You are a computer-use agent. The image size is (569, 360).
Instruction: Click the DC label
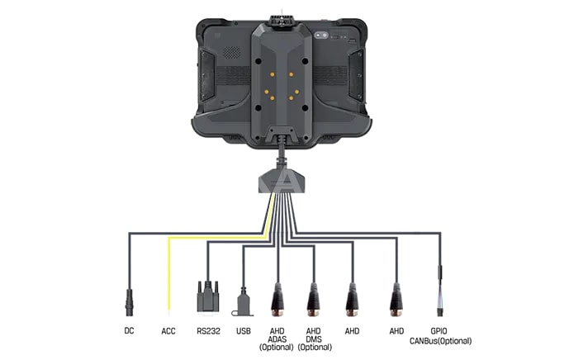129,330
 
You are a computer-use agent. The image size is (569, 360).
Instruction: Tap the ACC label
168,331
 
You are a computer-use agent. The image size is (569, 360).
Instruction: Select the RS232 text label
208,331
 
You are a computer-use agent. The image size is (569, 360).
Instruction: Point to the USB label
244,331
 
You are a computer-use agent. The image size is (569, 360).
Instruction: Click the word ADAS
277,339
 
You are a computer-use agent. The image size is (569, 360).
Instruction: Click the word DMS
314,339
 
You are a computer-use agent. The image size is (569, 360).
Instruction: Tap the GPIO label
439,331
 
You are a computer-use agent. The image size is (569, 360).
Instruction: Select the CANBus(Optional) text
440,341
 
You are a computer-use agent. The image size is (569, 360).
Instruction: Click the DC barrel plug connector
129,302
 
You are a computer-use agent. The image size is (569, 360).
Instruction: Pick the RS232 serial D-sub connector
208,296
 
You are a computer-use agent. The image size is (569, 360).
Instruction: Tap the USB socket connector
243,302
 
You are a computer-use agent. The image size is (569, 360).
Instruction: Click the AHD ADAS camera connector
277,300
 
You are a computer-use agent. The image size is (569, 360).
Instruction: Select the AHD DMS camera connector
313,300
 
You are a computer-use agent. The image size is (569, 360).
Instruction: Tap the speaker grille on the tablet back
231,53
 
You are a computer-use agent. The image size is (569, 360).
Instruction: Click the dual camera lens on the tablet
321,36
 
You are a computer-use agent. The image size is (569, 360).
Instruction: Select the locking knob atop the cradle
282,21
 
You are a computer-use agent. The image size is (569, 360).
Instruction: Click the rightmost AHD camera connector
396,300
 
